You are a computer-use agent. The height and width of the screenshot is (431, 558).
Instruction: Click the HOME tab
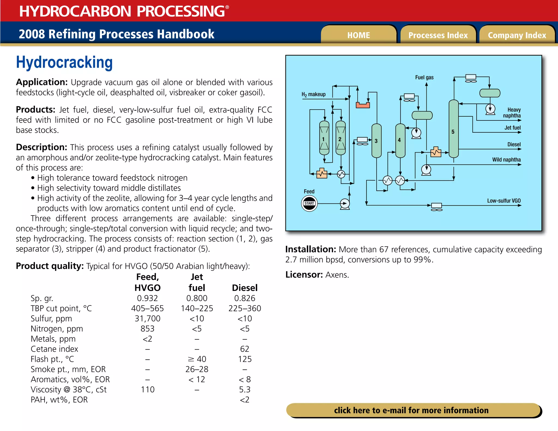coord(358,35)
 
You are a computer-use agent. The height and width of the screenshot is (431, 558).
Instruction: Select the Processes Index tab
coord(438,35)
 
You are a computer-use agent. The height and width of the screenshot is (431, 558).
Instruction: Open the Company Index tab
coord(517,35)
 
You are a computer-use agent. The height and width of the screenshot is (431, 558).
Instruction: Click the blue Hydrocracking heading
coord(64,62)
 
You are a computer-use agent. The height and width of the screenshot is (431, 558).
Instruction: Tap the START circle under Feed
coord(309,203)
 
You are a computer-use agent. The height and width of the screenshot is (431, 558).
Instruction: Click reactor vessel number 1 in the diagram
coord(324,138)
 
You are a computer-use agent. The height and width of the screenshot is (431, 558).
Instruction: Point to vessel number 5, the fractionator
coord(453,129)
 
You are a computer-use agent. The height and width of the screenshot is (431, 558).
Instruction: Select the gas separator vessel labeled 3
coord(376,141)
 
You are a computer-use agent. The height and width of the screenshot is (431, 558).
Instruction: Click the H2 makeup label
coord(313,94)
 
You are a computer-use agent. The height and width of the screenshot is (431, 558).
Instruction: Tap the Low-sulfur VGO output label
coord(504,201)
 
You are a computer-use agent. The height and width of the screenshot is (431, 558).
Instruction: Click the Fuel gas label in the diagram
coord(424,77)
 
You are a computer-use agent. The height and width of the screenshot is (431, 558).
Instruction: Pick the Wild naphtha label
coord(506,160)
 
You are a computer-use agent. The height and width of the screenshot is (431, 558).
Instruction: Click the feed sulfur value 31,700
coord(147,318)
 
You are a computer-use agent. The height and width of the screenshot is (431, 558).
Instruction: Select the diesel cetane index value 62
coord(244,349)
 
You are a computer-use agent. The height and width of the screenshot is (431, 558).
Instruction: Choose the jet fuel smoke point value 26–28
coord(197,369)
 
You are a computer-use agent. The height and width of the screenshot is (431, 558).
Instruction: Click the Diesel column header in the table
coord(244,288)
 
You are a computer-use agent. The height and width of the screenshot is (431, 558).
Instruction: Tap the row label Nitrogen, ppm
coord(57,329)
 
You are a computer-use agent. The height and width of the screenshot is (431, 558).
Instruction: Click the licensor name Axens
coord(337,275)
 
